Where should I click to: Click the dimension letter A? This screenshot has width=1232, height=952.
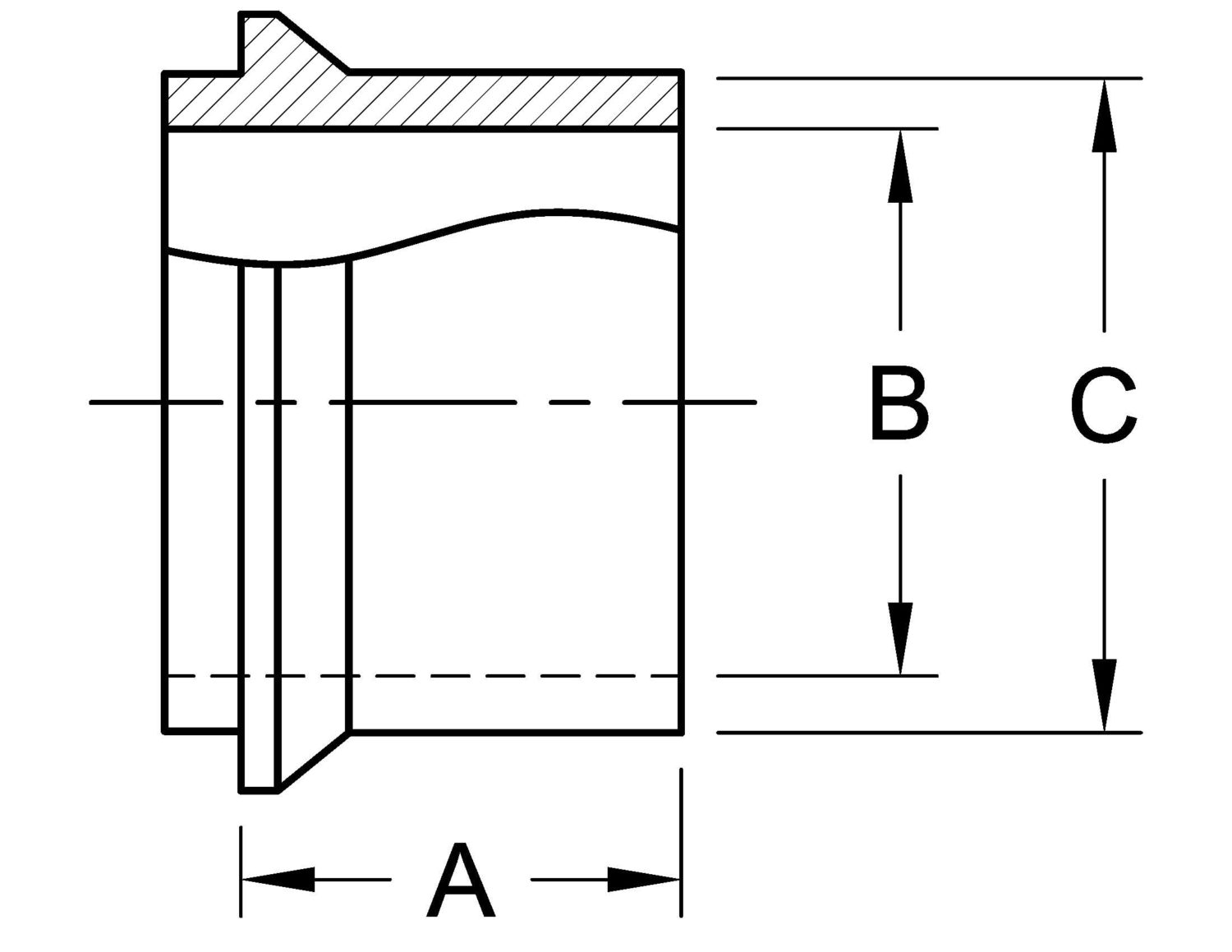click(461, 879)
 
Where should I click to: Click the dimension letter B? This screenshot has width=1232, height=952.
click(899, 405)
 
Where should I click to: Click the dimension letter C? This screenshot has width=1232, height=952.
click(1104, 405)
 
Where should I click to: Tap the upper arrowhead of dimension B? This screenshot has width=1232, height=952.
click(900, 164)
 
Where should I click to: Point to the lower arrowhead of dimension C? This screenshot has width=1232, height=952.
click(1104, 695)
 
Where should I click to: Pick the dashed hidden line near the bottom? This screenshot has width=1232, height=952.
click(427, 676)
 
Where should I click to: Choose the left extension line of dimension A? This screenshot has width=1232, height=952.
click(241, 871)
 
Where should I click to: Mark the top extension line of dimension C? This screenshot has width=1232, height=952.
click(928, 78)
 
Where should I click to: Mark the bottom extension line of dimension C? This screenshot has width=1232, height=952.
click(928, 732)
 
